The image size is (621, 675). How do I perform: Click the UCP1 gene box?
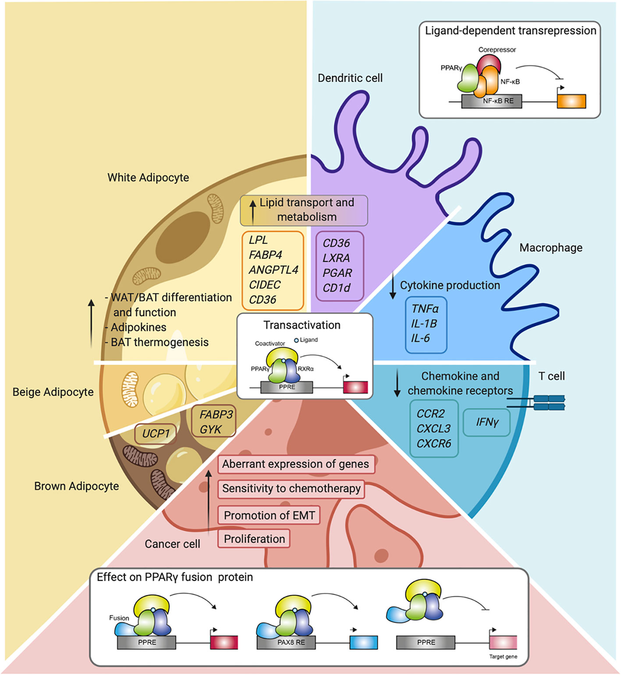point(156,434)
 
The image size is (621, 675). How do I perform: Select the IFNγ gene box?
point(486,422)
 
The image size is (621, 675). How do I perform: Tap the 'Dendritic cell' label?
point(350,78)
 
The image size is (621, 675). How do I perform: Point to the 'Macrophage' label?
point(551,248)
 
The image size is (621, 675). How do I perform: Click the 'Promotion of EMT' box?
point(269,515)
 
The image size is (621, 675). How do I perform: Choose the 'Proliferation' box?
point(254,539)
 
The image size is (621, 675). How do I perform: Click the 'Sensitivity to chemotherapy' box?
point(291,488)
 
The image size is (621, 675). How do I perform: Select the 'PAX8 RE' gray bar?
point(291,642)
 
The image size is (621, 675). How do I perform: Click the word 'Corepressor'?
point(497,49)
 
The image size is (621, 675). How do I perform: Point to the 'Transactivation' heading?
point(302,325)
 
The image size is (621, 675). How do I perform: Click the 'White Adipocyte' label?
point(148,177)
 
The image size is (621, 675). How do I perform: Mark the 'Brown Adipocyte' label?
point(77,486)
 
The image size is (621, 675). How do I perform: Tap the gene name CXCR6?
point(434,444)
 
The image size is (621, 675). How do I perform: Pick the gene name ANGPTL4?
point(273,270)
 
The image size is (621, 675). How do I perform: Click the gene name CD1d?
point(337,288)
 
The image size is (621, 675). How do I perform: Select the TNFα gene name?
point(425,309)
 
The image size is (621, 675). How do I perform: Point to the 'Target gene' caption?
point(503,657)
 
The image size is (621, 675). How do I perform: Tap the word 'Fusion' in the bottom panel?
point(119,618)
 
